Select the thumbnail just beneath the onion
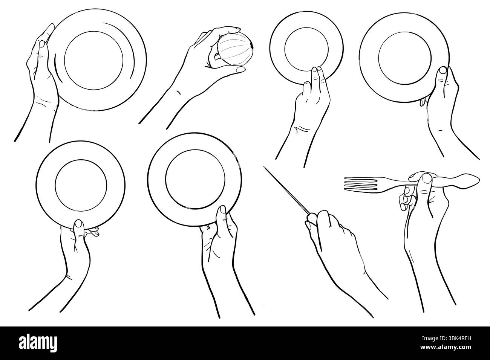(240, 70)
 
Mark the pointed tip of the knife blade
(265, 168)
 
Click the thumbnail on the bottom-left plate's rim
(78, 225)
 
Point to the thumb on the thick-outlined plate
(223, 213)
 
